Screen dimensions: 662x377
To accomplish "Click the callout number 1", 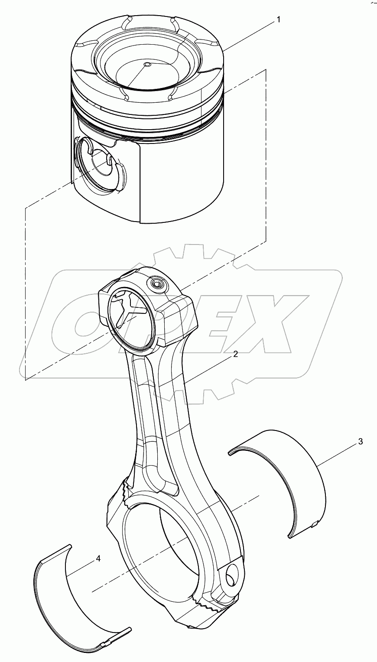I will coord(279,20).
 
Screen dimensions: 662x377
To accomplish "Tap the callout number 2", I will coord(235,354).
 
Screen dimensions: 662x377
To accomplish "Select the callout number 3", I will coord(360,442).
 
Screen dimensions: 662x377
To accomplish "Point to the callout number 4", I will coord(98,559).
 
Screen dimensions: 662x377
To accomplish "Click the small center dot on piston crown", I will coord(147,65).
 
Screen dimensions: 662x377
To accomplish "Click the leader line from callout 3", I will coord(338,454).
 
